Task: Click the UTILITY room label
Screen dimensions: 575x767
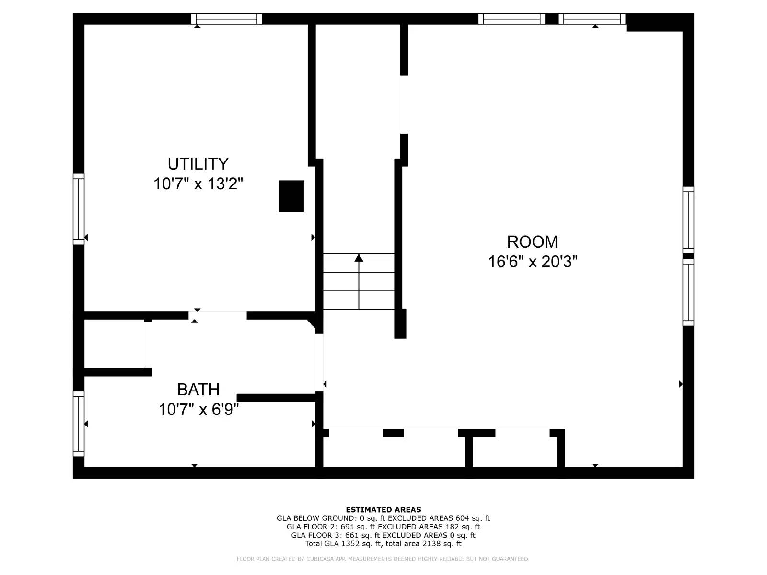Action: [x=198, y=164]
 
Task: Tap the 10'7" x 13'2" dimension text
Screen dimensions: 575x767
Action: [x=198, y=184]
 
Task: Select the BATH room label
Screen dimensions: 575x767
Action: [x=198, y=390]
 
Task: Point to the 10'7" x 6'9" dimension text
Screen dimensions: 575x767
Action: [x=198, y=410]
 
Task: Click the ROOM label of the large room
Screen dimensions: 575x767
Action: [x=532, y=241]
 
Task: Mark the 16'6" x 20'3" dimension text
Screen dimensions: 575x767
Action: [x=532, y=262]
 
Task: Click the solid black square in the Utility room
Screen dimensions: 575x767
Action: [x=291, y=196]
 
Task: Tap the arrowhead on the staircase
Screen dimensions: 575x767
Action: [x=359, y=258]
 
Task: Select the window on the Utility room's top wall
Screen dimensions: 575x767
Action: [x=226, y=19]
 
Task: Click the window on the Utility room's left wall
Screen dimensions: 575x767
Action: [x=78, y=209]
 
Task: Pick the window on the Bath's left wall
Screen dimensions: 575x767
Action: [x=78, y=424]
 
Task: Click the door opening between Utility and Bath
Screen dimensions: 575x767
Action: [x=218, y=315]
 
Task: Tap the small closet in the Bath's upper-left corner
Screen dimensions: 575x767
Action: [x=114, y=344]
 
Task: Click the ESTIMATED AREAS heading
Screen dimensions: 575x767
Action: [x=383, y=510]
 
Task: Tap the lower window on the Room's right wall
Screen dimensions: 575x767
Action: [x=688, y=292]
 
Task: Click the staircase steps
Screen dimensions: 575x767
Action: [x=359, y=282]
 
